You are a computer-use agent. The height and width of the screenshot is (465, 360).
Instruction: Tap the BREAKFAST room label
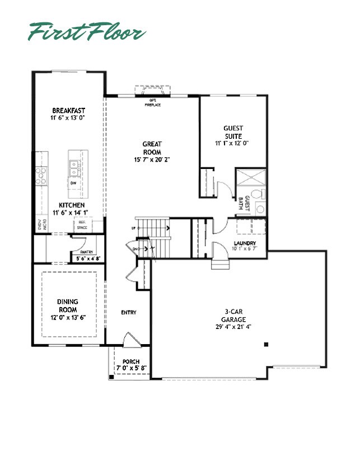pos(68,110)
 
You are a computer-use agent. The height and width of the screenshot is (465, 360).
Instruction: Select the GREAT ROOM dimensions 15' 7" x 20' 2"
pos(152,159)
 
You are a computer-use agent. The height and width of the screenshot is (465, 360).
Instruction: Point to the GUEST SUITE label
pos(233,131)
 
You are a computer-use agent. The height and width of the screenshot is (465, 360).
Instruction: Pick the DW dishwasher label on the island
pos(73,183)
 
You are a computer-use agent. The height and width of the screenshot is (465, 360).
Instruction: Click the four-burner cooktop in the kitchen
pos(41,176)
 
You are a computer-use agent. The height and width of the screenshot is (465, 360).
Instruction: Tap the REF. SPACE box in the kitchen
pos(83,225)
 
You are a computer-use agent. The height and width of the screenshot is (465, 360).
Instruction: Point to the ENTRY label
pos(129,312)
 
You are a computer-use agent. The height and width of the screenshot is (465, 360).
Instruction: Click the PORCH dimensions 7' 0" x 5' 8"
pos(130,369)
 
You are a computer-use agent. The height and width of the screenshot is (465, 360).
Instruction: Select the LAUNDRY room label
pos(245,243)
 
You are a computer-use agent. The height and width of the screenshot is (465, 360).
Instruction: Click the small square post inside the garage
pos(267,344)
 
